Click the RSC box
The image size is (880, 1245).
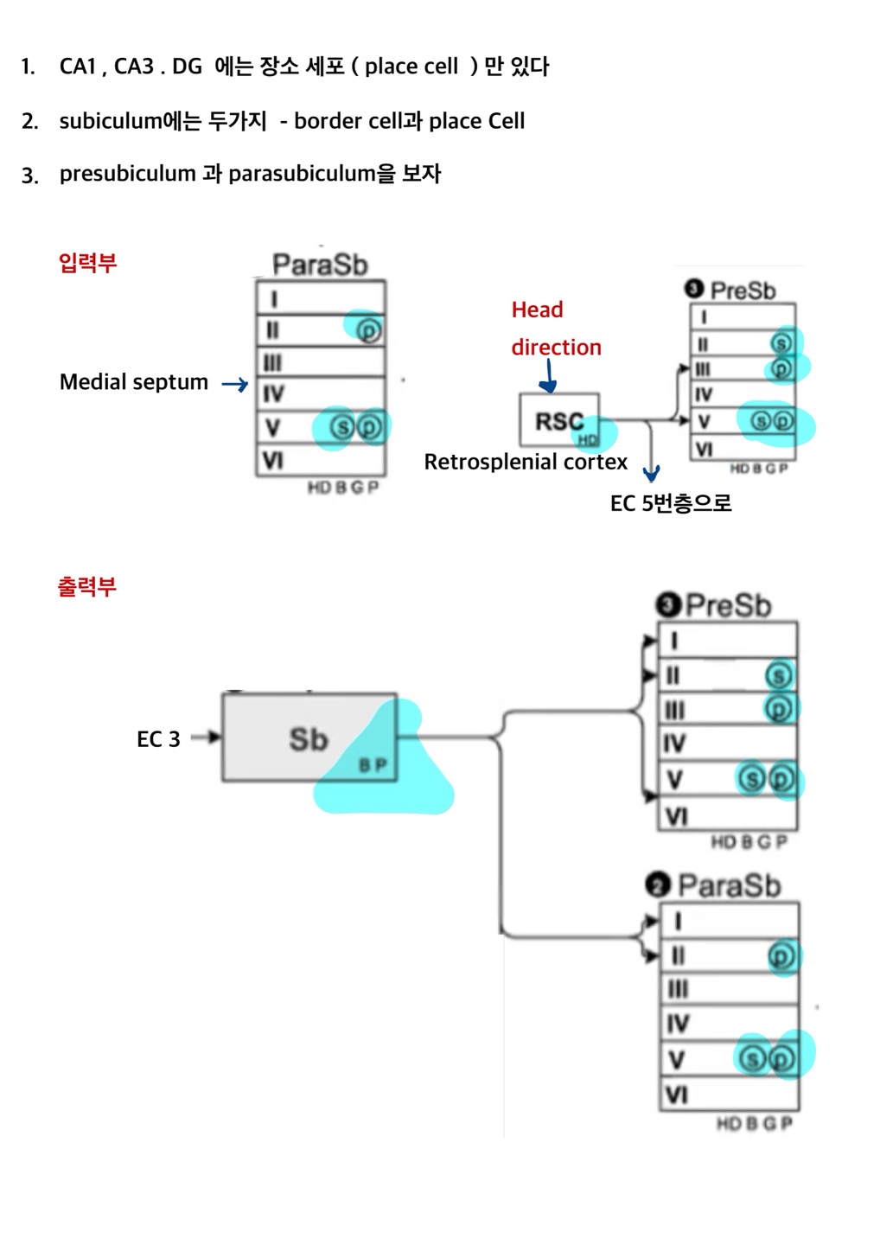click(558, 421)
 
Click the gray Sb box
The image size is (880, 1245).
click(309, 738)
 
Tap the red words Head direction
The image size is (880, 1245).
click(555, 329)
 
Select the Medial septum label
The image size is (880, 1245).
click(134, 382)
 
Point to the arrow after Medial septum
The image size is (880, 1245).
click(234, 384)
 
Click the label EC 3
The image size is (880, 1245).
click(158, 739)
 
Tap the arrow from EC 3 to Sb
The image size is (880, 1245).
click(206, 737)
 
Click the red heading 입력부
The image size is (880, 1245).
click(87, 263)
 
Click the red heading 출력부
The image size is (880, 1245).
click(86, 587)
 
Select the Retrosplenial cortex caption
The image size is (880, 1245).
click(526, 463)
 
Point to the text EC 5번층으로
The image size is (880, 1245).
click(671, 503)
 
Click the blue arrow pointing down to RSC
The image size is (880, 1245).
click(549, 376)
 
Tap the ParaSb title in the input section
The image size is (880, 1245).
click(320, 265)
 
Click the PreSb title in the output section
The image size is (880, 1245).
click(727, 605)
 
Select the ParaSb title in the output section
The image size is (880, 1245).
click(729, 885)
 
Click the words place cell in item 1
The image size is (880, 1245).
click(411, 67)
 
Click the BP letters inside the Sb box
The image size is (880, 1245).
click(373, 765)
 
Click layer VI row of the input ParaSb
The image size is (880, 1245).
click(320, 460)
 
